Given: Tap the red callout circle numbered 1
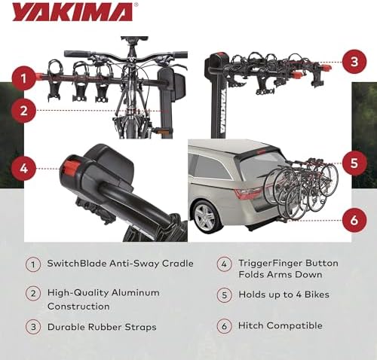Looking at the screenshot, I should [x=24, y=77].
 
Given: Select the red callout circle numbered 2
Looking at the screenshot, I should [x=24, y=111].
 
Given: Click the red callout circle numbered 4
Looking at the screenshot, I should [x=24, y=168].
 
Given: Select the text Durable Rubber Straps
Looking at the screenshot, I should [x=103, y=326].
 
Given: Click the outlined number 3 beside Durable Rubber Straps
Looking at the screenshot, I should [x=33, y=326].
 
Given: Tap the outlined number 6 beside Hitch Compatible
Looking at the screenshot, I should [x=224, y=326].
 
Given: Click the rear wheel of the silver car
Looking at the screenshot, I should [x=205, y=218].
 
